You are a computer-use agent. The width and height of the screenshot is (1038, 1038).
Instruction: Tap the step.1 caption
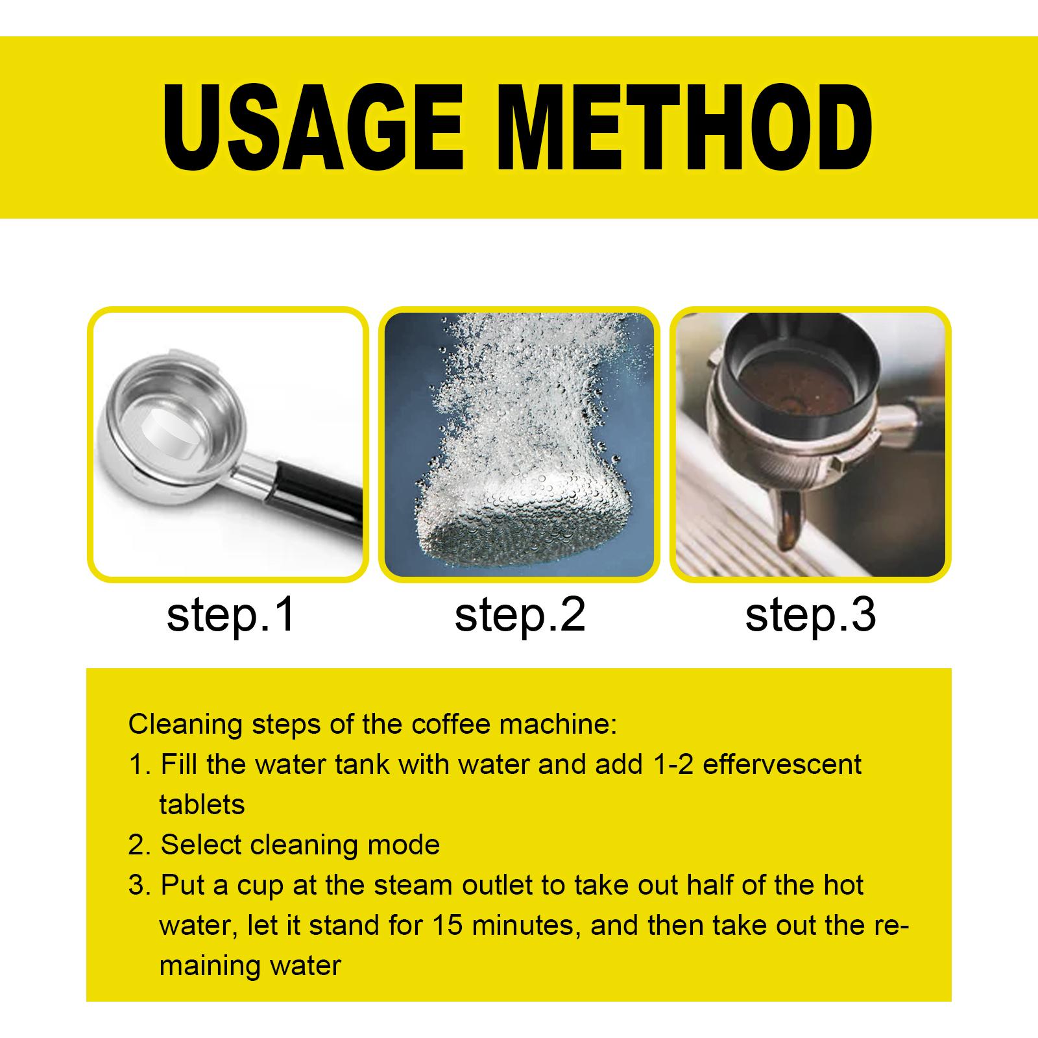tap(230, 616)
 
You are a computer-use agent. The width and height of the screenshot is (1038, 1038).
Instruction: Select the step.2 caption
tap(520, 616)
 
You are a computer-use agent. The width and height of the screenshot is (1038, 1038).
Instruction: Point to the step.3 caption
tap(810, 616)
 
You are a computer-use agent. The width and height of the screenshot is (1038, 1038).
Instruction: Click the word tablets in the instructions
tap(202, 805)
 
